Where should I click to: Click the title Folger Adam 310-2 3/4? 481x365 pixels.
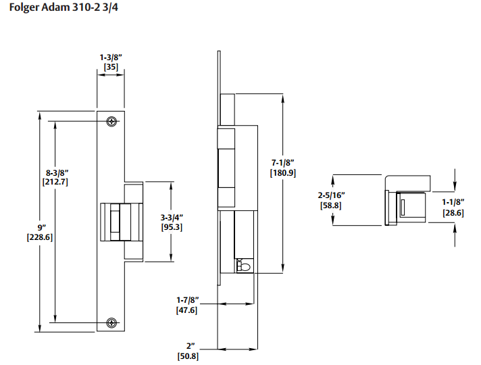point(64,7)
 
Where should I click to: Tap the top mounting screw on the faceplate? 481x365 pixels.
point(111,121)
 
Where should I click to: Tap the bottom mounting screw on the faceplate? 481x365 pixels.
point(111,322)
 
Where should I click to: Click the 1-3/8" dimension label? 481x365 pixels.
point(111,57)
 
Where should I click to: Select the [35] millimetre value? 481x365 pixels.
point(111,67)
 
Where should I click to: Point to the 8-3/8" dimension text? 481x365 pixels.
point(57,172)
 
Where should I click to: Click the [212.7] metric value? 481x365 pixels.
point(55,182)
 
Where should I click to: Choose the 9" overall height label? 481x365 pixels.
point(41,228)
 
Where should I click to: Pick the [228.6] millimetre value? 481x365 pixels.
point(40,237)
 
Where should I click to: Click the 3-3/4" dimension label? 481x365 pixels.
point(172,218)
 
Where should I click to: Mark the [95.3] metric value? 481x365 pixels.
point(172,227)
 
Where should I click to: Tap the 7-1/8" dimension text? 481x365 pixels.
point(283,163)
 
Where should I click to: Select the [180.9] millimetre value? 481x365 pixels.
point(283,173)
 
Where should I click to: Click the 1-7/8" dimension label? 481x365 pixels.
point(187,300)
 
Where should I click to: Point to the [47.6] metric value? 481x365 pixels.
point(186,310)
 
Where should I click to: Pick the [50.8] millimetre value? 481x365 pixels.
point(188,356)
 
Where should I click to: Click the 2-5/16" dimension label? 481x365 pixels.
point(331,195)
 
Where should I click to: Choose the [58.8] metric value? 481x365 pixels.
point(331,205)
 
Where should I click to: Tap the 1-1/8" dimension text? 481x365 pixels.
point(453,202)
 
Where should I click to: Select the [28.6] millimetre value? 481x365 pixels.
point(453,213)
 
